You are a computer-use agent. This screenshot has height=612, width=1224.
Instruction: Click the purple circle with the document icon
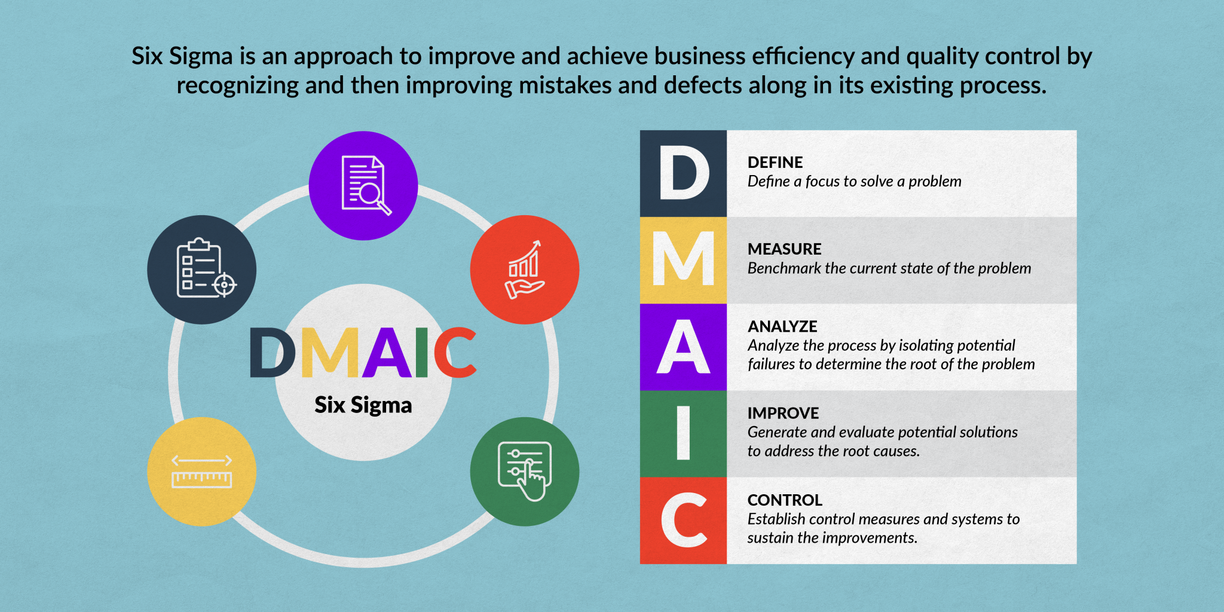point(363,186)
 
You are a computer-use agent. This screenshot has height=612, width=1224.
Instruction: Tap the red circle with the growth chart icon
point(525,270)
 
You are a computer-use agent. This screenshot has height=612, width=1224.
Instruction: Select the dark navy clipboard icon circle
point(202,270)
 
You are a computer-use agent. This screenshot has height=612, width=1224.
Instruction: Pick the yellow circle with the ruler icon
point(202,472)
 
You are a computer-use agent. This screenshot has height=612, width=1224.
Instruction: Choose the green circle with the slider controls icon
point(525,472)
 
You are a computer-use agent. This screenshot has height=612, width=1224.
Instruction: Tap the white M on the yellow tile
point(684,259)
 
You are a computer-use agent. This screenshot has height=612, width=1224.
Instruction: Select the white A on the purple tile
point(684,347)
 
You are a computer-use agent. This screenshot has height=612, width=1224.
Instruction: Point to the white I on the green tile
point(684,433)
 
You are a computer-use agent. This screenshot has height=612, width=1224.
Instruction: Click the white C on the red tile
point(684,520)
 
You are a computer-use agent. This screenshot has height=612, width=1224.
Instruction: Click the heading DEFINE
point(775,163)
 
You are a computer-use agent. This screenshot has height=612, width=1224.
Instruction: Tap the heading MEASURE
point(784,249)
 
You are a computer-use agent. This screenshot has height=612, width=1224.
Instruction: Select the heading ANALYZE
point(782,327)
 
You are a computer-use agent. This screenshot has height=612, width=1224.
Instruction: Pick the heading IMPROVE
point(783,414)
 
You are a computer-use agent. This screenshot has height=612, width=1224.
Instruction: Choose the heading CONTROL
point(785,500)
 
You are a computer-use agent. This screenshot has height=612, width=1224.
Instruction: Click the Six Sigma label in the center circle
point(363,405)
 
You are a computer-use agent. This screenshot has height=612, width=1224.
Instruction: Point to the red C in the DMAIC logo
point(455,353)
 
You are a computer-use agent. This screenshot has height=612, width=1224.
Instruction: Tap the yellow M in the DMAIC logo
point(331,353)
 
